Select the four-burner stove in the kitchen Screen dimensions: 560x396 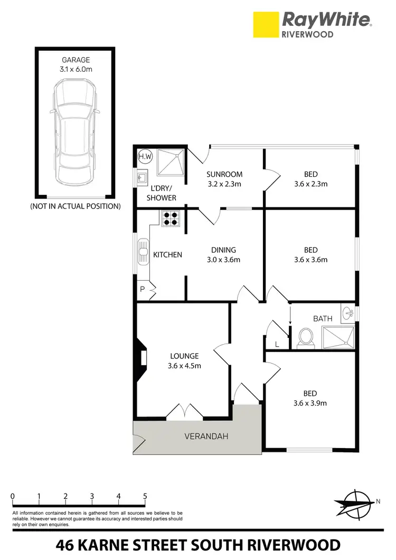point(170,219)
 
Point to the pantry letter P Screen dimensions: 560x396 point(142,289)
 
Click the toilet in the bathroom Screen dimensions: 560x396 point(305,338)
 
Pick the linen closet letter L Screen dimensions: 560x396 point(278,344)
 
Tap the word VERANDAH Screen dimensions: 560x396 point(205,436)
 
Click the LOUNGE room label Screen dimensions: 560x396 point(181,356)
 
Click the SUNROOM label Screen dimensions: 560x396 point(224,175)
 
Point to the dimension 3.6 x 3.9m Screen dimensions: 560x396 point(310,403)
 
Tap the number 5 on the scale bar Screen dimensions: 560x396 point(145,496)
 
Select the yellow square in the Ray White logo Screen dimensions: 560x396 point(265,25)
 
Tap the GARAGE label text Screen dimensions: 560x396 point(75,60)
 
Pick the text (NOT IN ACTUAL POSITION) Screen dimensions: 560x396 point(75,206)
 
